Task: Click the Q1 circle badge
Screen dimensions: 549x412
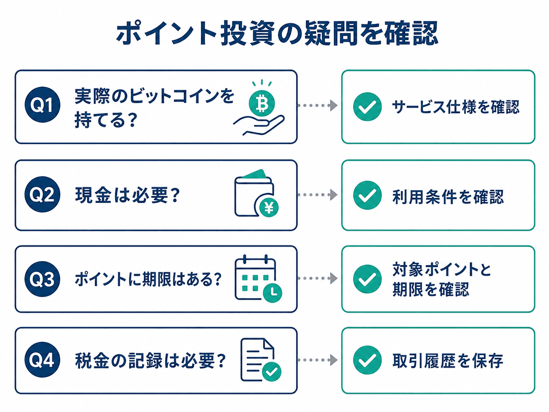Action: click(x=42, y=105)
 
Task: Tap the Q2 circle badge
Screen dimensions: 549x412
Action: click(x=42, y=194)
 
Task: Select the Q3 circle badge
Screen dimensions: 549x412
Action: click(x=42, y=279)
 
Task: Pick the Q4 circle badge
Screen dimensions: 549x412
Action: click(x=42, y=360)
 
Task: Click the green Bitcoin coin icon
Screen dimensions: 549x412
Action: click(x=262, y=103)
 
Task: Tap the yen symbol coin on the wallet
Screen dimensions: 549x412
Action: click(x=269, y=207)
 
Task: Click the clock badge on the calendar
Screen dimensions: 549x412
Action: click(x=272, y=292)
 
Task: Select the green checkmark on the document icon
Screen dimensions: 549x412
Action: click(x=271, y=371)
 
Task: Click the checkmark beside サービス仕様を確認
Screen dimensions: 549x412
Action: click(x=367, y=107)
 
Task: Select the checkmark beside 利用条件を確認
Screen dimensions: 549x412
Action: click(x=367, y=195)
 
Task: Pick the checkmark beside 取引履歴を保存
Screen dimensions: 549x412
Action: click(x=367, y=360)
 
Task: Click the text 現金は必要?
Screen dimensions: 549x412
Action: click(x=127, y=195)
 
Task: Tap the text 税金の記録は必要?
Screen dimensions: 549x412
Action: click(x=150, y=360)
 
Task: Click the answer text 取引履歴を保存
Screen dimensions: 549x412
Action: click(x=447, y=361)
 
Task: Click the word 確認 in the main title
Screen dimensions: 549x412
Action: click(x=411, y=33)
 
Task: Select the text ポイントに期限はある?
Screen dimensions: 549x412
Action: click(x=148, y=279)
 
